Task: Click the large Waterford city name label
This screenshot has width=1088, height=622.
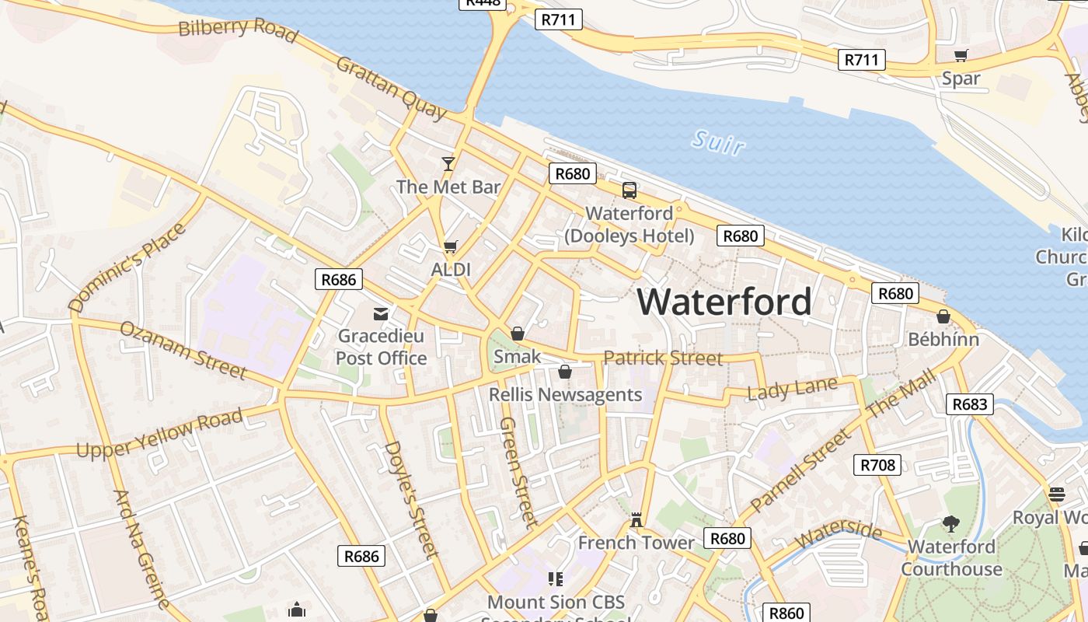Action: pyautogui.click(x=724, y=302)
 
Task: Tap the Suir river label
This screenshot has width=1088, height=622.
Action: pyautogui.click(x=718, y=142)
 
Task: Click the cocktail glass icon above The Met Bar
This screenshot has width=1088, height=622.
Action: pyautogui.click(x=448, y=163)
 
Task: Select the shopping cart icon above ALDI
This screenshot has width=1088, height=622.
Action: pyautogui.click(x=450, y=247)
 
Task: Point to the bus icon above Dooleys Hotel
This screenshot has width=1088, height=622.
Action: pyautogui.click(x=629, y=190)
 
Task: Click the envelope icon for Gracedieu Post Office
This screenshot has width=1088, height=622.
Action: pyautogui.click(x=381, y=314)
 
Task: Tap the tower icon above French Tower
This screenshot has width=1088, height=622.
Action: pyautogui.click(x=636, y=520)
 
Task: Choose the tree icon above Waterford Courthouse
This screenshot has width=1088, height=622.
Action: pyautogui.click(x=950, y=524)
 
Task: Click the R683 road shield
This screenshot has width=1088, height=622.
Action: pyautogui.click(x=970, y=404)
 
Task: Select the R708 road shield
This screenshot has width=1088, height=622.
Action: pyautogui.click(x=877, y=465)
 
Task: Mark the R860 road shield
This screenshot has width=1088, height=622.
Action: pyautogui.click(x=786, y=613)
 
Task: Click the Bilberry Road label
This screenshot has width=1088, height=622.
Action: pyautogui.click(x=238, y=30)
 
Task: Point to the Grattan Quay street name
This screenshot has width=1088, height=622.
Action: pyautogui.click(x=392, y=88)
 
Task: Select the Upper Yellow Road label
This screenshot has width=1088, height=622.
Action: pyautogui.click(x=159, y=434)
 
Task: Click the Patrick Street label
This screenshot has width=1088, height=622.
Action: pyautogui.click(x=663, y=358)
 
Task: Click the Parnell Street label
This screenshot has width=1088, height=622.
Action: pyautogui.click(x=800, y=470)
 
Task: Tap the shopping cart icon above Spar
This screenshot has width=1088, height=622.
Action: pyautogui.click(x=961, y=55)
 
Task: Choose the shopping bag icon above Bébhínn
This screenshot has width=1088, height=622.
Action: pyautogui.click(x=943, y=316)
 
